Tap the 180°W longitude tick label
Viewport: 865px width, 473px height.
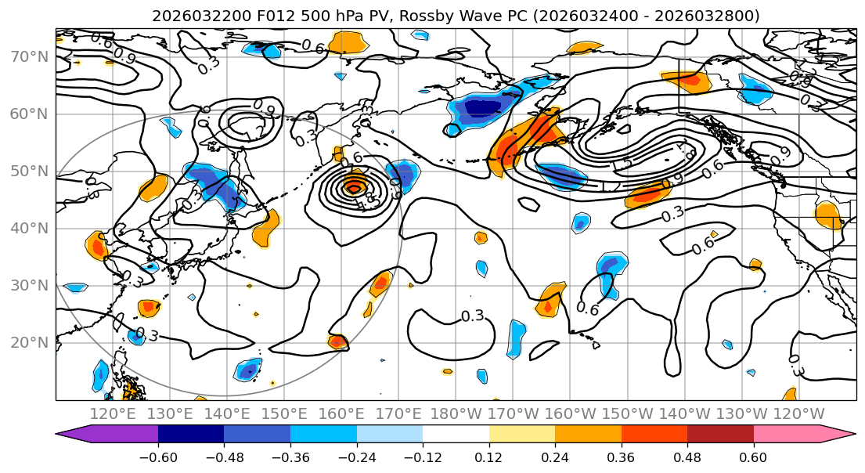point(456,413)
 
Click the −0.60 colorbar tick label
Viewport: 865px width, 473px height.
point(158,456)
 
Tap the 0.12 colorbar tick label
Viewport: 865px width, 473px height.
point(489,456)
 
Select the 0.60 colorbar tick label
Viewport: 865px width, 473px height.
point(753,456)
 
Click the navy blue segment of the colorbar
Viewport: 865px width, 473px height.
point(191,433)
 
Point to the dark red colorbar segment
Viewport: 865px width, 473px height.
point(720,433)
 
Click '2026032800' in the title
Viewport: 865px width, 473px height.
point(713,16)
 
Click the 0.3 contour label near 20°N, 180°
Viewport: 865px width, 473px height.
point(472,316)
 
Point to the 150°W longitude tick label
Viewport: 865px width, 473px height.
point(628,413)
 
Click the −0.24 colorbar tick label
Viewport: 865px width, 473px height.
point(356,456)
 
